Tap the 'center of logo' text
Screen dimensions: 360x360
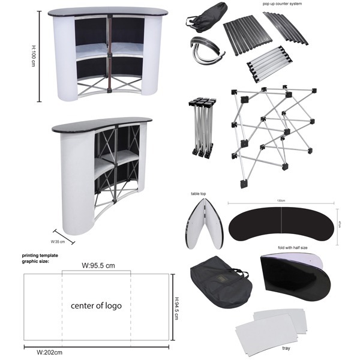(96, 305)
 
